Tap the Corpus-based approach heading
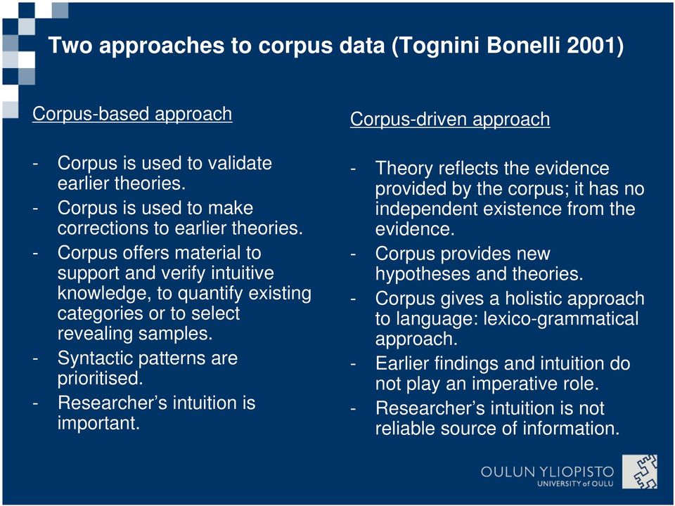tap(132, 114)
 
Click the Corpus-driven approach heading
tap(450, 119)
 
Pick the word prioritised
tap(101, 379)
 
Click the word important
tap(98, 423)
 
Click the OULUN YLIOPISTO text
tap(547, 472)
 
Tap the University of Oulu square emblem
tap(640, 472)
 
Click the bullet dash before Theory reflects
tap(353, 169)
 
